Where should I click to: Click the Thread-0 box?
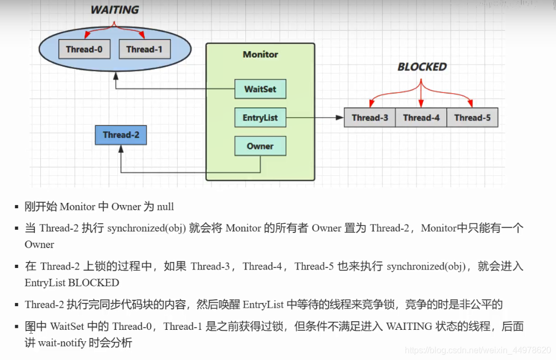tap(84, 50)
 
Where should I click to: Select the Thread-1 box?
tap(144, 50)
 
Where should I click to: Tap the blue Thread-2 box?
tap(121, 135)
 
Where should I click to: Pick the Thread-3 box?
tap(370, 117)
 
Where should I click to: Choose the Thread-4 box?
tap(421, 117)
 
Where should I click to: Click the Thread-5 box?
tap(472, 117)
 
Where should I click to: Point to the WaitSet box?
tap(260, 89)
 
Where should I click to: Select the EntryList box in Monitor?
tap(260, 117)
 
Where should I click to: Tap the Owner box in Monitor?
tap(260, 146)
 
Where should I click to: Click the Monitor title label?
tap(261, 54)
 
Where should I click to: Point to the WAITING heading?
tap(114, 10)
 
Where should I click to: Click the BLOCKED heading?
tap(422, 67)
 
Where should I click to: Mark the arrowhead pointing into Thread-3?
tap(341, 117)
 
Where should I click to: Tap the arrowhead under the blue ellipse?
tap(116, 75)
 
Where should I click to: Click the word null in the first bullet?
tap(165, 207)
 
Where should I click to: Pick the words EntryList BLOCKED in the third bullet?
tap(72, 283)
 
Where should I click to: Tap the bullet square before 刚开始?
tap(17, 207)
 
